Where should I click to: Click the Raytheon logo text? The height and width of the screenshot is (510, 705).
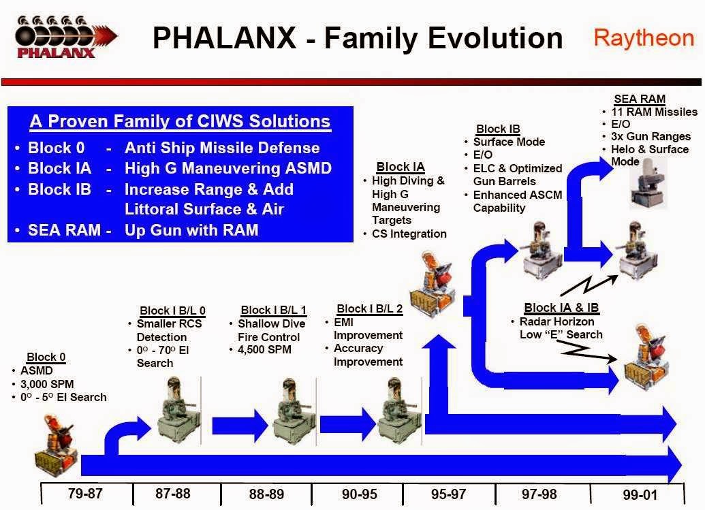(x=643, y=37)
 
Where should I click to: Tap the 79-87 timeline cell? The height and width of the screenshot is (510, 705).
(x=86, y=493)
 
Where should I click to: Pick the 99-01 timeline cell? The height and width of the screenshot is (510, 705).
(x=636, y=494)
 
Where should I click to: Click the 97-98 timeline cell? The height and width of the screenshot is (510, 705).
(x=542, y=494)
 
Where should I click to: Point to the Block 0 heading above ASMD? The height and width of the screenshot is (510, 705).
(x=46, y=357)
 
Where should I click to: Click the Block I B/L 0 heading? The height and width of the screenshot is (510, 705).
(x=172, y=310)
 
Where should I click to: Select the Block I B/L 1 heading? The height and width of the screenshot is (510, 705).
(x=274, y=310)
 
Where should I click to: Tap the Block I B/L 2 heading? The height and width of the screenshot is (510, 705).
(x=370, y=308)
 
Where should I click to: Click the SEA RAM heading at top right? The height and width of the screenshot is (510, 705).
(x=639, y=99)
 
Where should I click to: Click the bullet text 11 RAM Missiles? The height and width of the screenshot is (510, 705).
(x=655, y=112)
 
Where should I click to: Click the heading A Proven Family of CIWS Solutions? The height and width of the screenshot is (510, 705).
(x=180, y=122)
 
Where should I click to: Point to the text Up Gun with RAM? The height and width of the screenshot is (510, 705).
(x=191, y=230)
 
